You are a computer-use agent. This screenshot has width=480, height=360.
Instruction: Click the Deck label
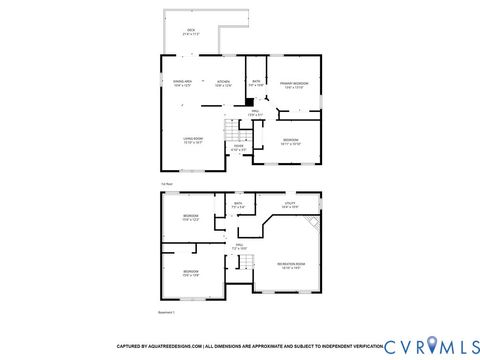[192, 32]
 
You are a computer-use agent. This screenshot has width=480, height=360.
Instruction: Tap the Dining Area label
[182, 83]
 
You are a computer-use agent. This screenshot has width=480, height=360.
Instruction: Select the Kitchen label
[224, 83]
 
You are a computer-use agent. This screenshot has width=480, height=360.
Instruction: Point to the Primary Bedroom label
[294, 85]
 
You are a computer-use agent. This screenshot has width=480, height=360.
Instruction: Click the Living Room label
[193, 141]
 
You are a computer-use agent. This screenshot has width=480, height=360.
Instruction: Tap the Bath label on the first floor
[256, 83]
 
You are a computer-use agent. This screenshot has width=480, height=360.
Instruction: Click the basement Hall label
[239, 246]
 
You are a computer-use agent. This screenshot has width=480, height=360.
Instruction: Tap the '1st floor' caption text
[166, 183]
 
